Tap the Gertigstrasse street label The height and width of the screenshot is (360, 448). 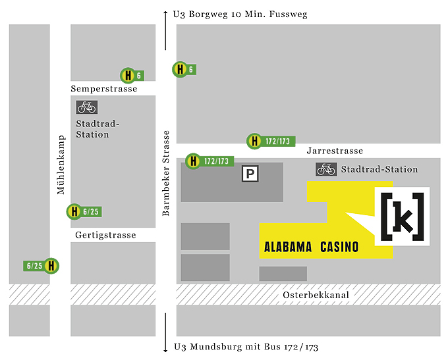coord(105,235)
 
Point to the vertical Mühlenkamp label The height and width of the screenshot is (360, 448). coord(61,165)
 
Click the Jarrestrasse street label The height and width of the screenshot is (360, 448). coord(335,151)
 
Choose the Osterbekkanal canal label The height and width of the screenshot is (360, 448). coord(316,295)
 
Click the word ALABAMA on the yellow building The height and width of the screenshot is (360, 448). coord(287,248)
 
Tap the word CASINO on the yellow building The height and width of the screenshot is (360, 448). coord(339,248)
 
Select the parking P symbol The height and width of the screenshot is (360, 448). coord(250,174)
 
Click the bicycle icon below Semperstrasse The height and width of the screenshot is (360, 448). coord(86,107)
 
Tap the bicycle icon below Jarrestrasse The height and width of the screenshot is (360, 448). coord(326,169)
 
